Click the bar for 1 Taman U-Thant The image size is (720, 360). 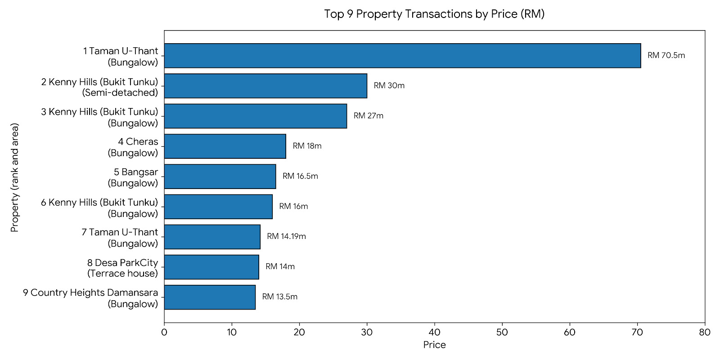(x=402, y=56)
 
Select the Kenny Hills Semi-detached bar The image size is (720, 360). (x=265, y=86)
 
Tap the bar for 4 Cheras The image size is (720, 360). (x=225, y=146)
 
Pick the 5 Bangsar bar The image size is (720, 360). (x=220, y=176)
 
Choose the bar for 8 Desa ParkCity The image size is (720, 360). (x=211, y=267)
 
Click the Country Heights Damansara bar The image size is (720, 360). (x=210, y=297)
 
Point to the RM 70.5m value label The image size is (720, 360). (x=666, y=55)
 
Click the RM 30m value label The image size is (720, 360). (x=389, y=85)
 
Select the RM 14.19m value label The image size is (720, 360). (x=286, y=236)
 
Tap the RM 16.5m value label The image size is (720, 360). (x=300, y=176)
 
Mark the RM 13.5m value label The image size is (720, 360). (x=279, y=297)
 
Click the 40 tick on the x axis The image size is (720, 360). (x=435, y=332)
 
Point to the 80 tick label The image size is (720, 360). (x=705, y=332)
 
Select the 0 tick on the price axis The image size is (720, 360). (x=164, y=332)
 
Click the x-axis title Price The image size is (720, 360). (x=435, y=345)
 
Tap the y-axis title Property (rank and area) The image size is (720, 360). (x=15, y=177)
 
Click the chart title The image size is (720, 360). (x=434, y=14)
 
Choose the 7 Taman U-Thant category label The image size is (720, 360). (x=120, y=238)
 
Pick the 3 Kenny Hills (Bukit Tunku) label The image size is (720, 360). (x=99, y=117)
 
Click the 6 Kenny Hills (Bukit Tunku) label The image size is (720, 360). (x=99, y=208)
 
